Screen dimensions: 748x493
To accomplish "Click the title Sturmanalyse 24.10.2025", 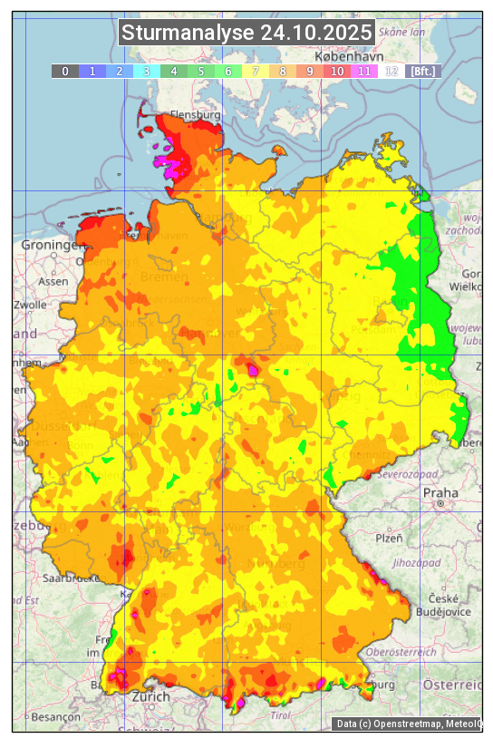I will [x=246, y=33].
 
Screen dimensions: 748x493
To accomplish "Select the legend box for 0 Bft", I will [x=64, y=71].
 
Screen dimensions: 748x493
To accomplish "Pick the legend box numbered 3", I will [x=146, y=71].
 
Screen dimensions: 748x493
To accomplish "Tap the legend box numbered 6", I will [x=227, y=71].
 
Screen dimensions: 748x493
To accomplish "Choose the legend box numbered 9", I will [x=309, y=71].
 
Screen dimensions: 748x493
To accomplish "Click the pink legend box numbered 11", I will [x=363, y=71].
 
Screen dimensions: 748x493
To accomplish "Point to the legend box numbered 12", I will [x=391, y=71].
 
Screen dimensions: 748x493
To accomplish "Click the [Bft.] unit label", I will [x=422, y=71].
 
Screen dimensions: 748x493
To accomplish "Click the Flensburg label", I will [x=196, y=116].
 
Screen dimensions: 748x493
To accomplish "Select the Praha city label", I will [x=441, y=492].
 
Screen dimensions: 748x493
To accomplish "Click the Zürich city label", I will [x=150, y=696].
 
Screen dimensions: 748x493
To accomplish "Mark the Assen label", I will [x=53, y=281].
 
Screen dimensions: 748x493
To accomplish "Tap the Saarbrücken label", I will [x=71, y=578].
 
